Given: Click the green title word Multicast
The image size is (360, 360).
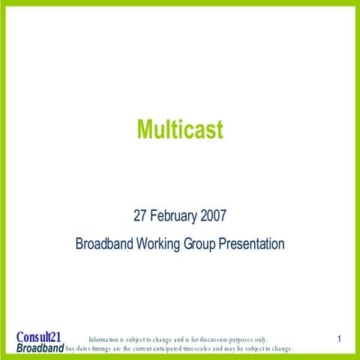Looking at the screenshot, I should click(180, 130).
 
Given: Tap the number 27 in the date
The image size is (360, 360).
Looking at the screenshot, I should click(140, 217).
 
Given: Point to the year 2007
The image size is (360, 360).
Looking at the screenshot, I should click(212, 217).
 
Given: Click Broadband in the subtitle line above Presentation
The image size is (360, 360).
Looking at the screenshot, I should click(104, 244).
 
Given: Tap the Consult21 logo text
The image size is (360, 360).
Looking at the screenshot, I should click(38, 337).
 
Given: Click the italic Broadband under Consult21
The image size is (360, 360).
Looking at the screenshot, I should click(40, 349).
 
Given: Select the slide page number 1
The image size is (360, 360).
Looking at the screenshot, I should click(340, 340).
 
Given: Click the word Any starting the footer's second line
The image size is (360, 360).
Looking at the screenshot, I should click(71, 349).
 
